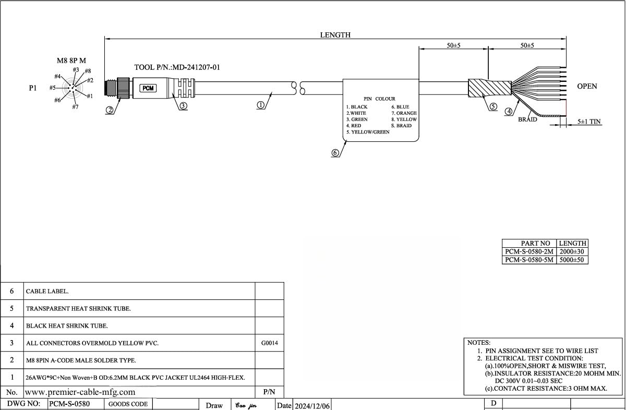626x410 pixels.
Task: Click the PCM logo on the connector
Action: [x=149, y=88]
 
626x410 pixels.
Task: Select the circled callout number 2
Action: [x=110, y=110]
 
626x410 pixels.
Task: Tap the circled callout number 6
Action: [x=335, y=153]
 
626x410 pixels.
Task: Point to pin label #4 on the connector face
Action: [x=58, y=77]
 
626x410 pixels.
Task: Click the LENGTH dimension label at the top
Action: [x=335, y=35]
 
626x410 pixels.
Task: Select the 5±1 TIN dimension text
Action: [x=589, y=122]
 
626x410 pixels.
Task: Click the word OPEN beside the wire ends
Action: [x=587, y=87]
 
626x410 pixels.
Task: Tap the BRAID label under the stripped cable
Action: [x=527, y=119]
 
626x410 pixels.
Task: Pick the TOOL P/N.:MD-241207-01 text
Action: [x=177, y=67]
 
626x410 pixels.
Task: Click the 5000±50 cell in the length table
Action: [x=572, y=260]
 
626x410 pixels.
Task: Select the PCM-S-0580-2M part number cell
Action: [x=529, y=251]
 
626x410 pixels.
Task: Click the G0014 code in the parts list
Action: [x=269, y=343]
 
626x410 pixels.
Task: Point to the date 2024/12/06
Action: [x=311, y=405]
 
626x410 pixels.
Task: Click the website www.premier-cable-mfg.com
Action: [x=80, y=392]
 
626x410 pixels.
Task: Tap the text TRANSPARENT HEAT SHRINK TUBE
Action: [x=78, y=309]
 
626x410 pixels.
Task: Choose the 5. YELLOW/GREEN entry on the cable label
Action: [x=368, y=132]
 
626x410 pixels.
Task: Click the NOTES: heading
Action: [x=478, y=343]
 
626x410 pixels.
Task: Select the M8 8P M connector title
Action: [x=71, y=61]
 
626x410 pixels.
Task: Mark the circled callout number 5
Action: [x=493, y=107]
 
